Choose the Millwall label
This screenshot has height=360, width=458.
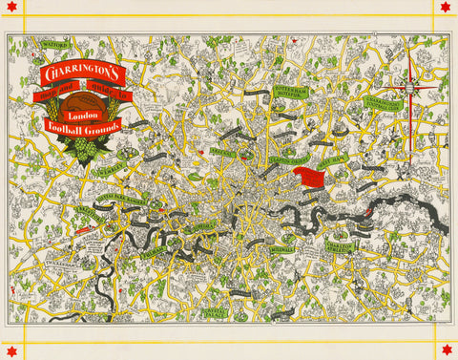click(x=284, y=253)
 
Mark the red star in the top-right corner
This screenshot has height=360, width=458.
click(x=446, y=8)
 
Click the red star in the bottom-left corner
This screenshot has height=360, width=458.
click(x=11, y=351)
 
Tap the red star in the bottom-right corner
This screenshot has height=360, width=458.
click(x=446, y=351)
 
